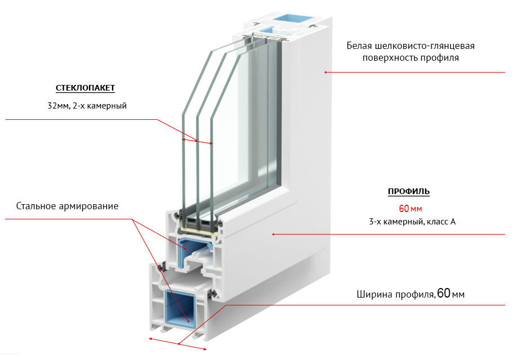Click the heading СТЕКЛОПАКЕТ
[86, 89]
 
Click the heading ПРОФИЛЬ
[408, 192]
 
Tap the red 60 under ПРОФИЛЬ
[404, 208]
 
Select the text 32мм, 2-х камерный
[87, 105]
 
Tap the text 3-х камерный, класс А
[412, 222]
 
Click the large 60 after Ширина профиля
[444, 294]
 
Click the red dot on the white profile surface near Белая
[325, 72]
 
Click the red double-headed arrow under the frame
[178, 344]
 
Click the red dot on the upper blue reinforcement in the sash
[180, 242]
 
